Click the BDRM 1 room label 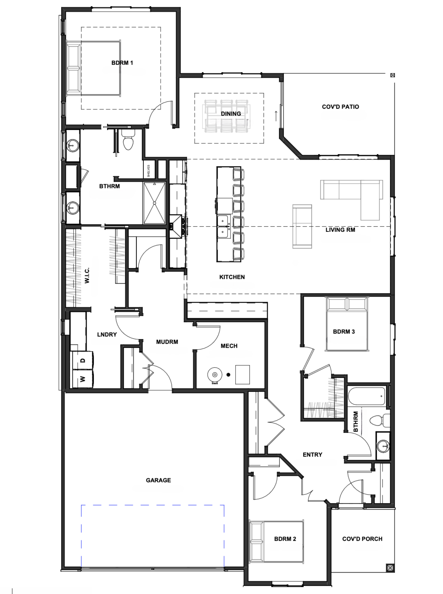click(x=122, y=63)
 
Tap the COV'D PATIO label click(x=340, y=107)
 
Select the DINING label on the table click(x=231, y=114)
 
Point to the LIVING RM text click(x=340, y=230)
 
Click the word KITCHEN click(x=232, y=277)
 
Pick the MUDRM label click(x=167, y=342)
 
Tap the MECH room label click(x=229, y=346)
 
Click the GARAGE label click(x=158, y=480)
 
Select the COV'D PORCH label click(x=362, y=539)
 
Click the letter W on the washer click(x=83, y=379)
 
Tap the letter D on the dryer click(x=83, y=360)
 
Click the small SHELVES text click(x=149, y=171)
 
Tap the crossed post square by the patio click(x=393, y=75)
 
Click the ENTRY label click(x=312, y=454)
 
